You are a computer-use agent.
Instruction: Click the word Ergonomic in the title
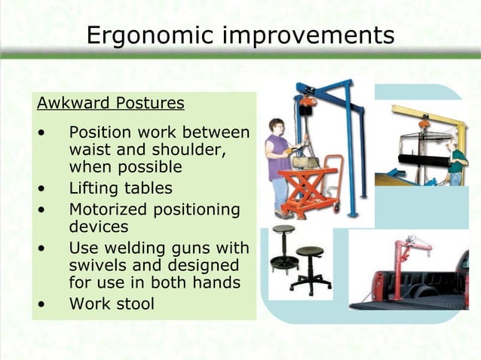click(x=152, y=35)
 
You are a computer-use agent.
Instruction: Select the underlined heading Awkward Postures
click(x=111, y=102)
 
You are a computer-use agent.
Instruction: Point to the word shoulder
click(x=181, y=149)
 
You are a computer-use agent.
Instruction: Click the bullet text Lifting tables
click(x=121, y=188)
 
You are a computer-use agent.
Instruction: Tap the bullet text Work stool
click(x=112, y=304)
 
